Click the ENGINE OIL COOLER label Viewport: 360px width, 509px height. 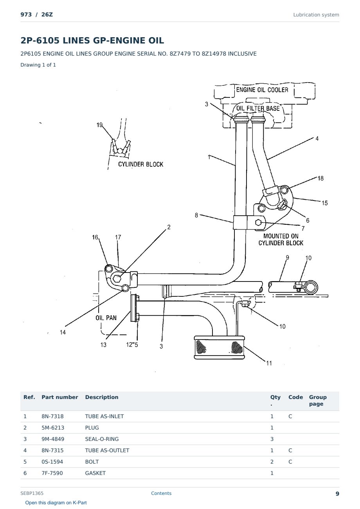pyautogui.click(x=262, y=90)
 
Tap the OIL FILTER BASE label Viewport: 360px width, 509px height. pyautogui.click(x=258, y=108)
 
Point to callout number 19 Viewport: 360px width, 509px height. pyautogui.click(x=99, y=125)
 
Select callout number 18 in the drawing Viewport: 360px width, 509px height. pyautogui.click(x=320, y=179)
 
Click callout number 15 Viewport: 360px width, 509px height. pyautogui.click(x=324, y=203)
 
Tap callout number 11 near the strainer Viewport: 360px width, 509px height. pyautogui.click(x=269, y=363)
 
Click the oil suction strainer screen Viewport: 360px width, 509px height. pyautogui.click(x=219, y=347)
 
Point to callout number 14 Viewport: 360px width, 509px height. pyautogui.click(x=63, y=332)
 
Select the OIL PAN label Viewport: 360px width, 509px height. pyautogui.click(x=106, y=318)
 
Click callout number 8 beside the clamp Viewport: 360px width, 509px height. pyautogui.click(x=196, y=215)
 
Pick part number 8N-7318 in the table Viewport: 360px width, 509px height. pyautogui.click(x=52, y=416)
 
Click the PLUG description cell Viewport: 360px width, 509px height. pyautogui.click(x=92, y=428)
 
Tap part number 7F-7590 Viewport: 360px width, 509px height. pyautogui.click(x=52, y=473)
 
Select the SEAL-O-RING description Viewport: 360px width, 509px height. pyautogui.click(x=102, y=439)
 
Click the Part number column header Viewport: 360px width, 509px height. pyautogui.click(x=60, y=397)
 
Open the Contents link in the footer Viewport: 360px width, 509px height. pyautogui.click(x=161, y=493)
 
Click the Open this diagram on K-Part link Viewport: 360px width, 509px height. pyautogui.click(x=56, y=503)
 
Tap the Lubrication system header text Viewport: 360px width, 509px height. pyautogui.click(x=316, y=15)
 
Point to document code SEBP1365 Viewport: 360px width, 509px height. pyautogui.click(x=32, y=493)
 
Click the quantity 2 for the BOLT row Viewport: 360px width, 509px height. pyautogui.click(x=272, y=462)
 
